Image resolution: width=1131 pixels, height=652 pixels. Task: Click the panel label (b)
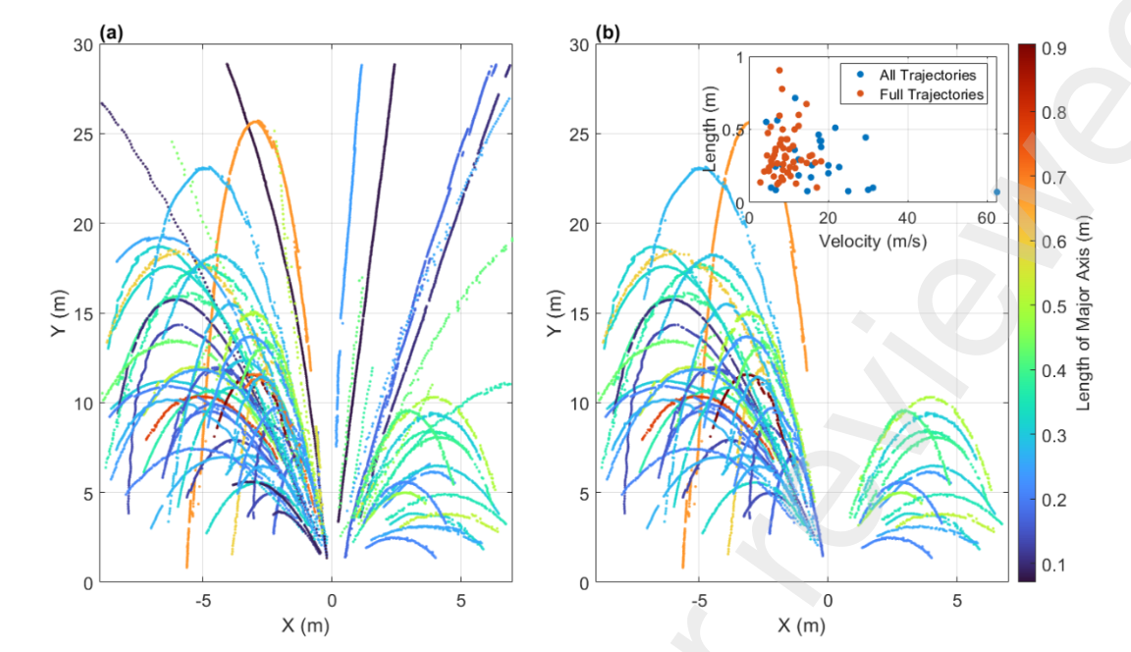[x=610, y=33]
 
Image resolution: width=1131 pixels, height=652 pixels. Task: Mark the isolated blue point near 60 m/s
[x=996, y=192]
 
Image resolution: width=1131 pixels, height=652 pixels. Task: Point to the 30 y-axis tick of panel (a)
[x=82, y=44]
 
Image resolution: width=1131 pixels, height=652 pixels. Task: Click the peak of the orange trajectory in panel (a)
[x=257, y=121]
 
